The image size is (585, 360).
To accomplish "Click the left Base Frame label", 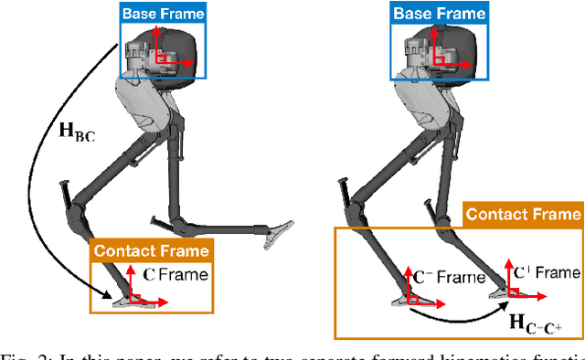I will pos(162,13).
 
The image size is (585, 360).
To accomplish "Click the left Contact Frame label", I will pos(151,250).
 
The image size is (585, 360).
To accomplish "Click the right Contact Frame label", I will pos(523,216).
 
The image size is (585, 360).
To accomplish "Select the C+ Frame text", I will pos(547,271).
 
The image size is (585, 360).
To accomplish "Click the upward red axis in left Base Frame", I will pos(156,40).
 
